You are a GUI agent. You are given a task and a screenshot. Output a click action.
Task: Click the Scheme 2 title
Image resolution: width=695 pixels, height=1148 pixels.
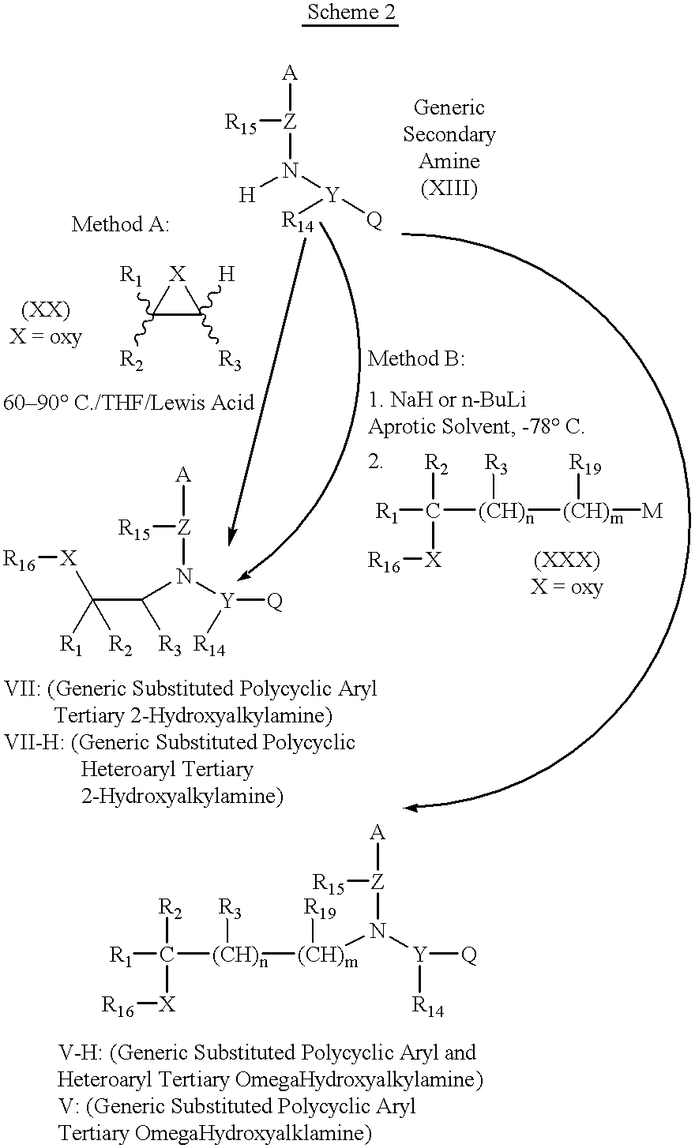click(351, 12)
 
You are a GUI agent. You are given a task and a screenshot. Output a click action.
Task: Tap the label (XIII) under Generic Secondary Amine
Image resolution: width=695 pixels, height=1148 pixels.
click(449, 189)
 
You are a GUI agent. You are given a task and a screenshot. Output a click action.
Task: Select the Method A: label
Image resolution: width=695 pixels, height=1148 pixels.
click(121, 224)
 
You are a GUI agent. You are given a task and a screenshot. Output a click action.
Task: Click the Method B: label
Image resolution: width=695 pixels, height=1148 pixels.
click(416, 358)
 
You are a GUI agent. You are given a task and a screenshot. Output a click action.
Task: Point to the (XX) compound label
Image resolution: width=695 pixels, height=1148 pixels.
click(46, 310)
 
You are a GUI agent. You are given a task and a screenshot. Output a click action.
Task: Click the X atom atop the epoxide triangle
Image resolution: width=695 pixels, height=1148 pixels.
click(178, 275)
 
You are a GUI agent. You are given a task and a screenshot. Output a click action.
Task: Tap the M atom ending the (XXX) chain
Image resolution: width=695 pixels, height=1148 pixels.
click(652, 511)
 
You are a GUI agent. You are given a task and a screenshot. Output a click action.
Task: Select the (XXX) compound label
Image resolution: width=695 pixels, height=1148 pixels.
click(566, 560)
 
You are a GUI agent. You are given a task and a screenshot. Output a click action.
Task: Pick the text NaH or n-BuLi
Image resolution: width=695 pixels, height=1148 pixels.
click(458, 400)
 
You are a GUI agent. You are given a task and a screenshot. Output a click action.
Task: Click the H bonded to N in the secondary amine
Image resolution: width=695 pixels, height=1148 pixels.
click(247, 195)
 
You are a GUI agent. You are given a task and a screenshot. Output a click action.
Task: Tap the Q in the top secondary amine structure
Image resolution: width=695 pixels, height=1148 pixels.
click(374, 220)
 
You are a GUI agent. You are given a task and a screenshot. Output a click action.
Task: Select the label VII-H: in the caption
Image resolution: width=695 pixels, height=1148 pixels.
click(34, 741)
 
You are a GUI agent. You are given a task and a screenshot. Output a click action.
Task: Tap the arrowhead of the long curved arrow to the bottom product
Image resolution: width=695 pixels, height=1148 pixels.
click(411, 808)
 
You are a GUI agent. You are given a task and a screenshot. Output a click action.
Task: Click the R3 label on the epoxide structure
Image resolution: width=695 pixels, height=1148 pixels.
click(230, 360)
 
